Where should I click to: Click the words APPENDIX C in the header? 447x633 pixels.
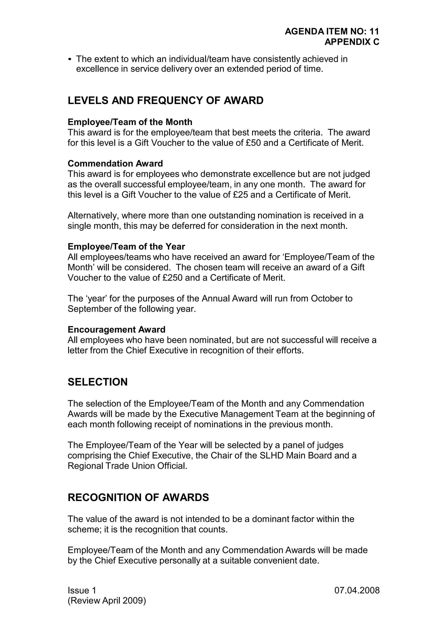352,42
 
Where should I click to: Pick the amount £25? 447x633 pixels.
240,195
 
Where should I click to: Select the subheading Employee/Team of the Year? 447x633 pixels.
126,246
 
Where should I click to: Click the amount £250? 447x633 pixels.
172,278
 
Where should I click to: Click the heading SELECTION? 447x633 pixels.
98,382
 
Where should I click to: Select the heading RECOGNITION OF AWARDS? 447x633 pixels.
138,498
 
